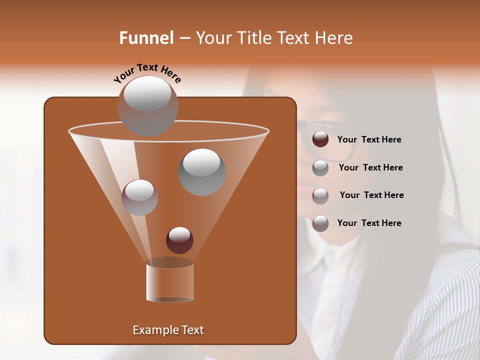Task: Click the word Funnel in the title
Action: [146, 38]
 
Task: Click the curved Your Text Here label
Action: [147, 73]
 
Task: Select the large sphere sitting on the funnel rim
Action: [147, 105]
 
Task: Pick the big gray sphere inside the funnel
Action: [201, 171]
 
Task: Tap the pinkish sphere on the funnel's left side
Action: [139, 197]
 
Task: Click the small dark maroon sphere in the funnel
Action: [179, 240]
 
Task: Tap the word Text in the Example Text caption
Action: [192, 330]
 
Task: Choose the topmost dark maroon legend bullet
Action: [320, 139]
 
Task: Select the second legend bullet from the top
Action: [320, 168]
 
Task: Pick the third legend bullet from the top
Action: [320, 195]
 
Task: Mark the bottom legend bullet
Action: [320, 223]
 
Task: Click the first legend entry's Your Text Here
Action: [369, 139]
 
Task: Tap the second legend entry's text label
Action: [370, 167]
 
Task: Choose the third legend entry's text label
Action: [371, 195]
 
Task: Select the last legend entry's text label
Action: [369, 223]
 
